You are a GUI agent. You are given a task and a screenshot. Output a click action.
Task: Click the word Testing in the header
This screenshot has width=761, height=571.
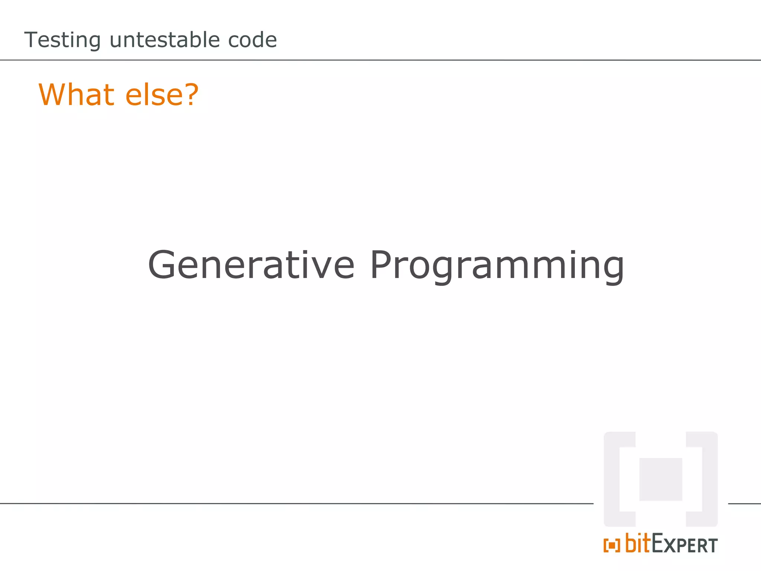click(x=62, y=40)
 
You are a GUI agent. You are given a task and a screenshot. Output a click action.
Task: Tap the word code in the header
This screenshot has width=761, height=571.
click(x=252, y=40)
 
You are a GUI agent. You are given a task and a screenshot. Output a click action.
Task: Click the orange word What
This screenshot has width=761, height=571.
click(x=76, y=95)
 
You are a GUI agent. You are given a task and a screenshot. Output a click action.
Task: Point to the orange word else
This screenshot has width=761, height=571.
click(x=153, y=95)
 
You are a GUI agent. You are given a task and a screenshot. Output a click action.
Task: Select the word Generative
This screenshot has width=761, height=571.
click(x=251, y=265)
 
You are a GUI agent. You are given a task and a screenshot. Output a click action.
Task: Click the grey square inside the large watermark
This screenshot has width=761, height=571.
click(x=661, y=479)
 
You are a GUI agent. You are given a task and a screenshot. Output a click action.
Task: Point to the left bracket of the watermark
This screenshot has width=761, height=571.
click(x=613, y=479)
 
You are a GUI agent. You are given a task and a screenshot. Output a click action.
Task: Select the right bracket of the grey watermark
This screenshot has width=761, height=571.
click(x=708, y=479)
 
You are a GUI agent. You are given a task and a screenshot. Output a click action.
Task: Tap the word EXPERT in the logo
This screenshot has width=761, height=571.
click(x=684, y=545)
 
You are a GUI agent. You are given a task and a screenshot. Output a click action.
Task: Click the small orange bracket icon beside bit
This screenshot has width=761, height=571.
click(x=612, y=546)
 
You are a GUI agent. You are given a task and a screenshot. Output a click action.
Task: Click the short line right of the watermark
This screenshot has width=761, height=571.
click(x=744, y=504)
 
